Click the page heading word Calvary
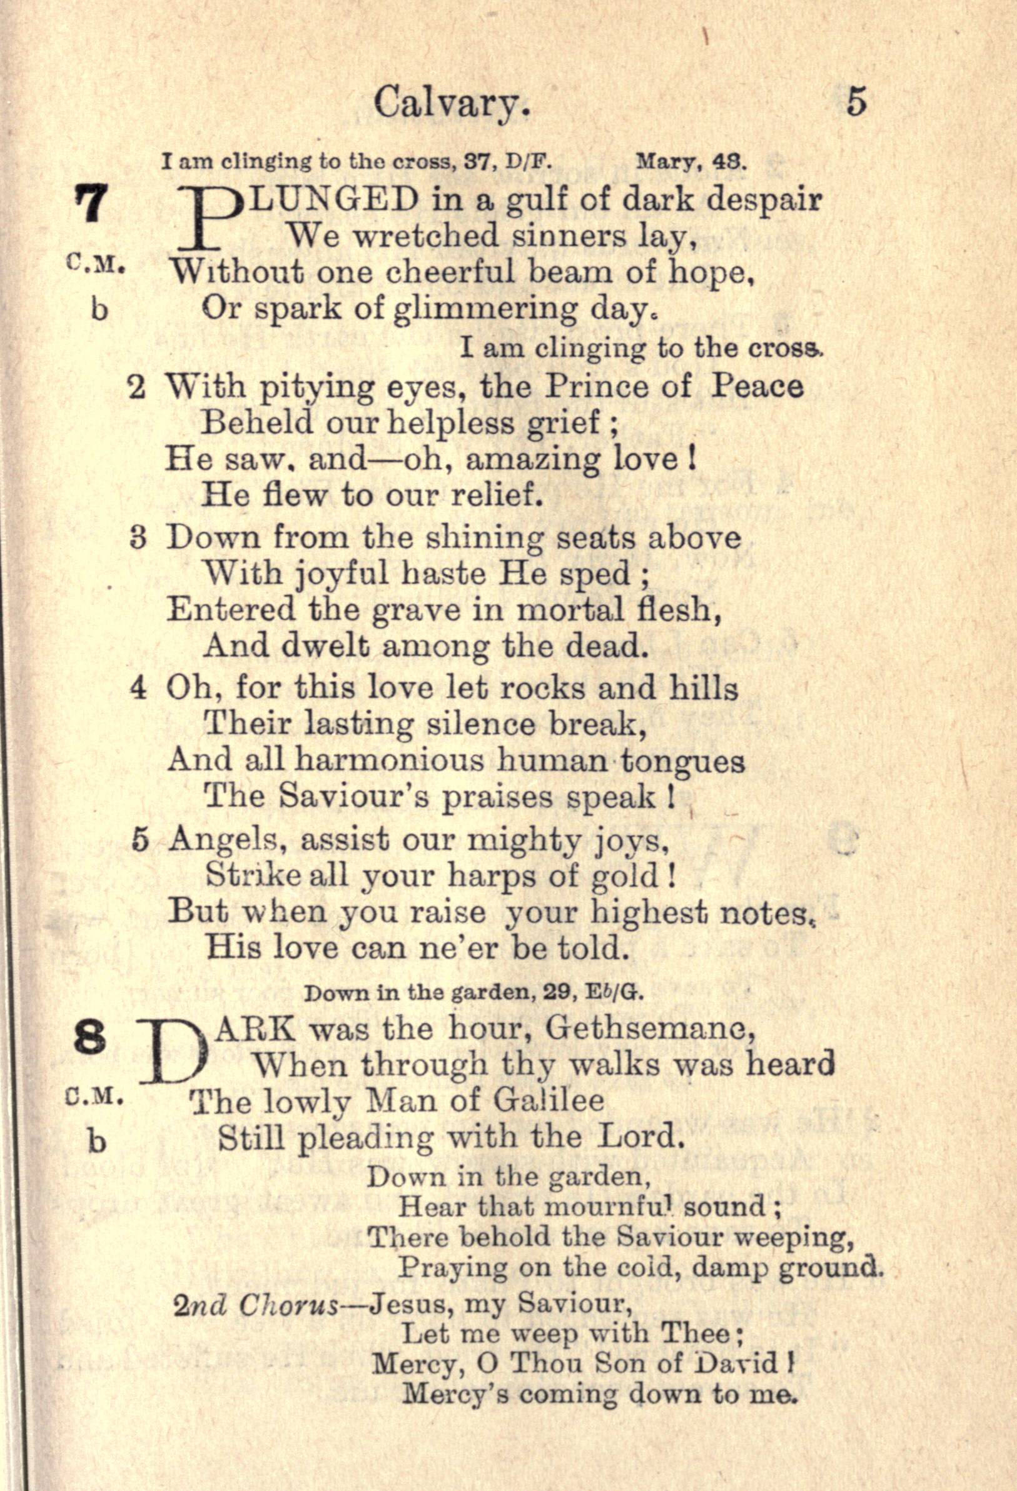tap(452, 102)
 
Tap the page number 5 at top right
tap(856, 102)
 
